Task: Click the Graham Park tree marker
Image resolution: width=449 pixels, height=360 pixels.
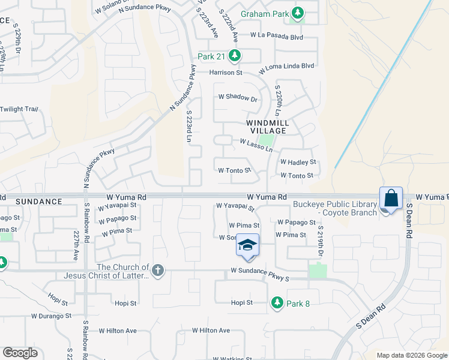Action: point(297,13)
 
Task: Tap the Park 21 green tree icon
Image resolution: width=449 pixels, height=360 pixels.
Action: point(234,56)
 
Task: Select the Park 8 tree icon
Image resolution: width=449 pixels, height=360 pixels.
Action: point(277,303)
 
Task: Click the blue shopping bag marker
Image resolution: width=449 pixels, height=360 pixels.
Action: point(390,198)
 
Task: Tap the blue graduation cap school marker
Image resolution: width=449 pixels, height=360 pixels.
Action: point(247,245)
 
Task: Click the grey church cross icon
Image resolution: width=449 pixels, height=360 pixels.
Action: point(158,271)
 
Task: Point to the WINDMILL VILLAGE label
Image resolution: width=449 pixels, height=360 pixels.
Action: point(268,127)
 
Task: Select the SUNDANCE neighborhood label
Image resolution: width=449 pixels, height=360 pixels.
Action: point(38,202)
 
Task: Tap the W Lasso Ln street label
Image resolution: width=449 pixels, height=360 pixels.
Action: point(256,143)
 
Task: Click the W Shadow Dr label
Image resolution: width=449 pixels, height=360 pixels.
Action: point(237,97)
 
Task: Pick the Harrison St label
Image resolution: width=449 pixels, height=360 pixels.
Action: point(225,73)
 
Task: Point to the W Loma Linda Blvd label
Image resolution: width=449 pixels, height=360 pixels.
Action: point(287,65)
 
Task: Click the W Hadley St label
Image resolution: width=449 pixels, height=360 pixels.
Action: point(298,163)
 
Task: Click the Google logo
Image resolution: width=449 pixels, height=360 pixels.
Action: point(20,353)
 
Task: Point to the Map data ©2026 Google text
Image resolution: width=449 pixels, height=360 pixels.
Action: point(411,355)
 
